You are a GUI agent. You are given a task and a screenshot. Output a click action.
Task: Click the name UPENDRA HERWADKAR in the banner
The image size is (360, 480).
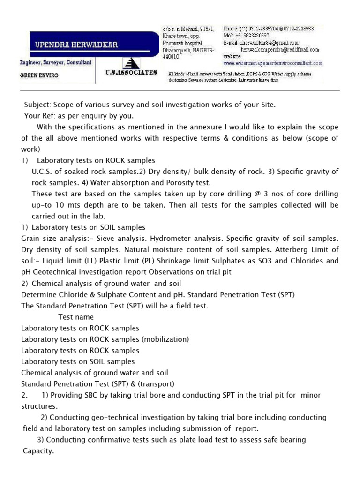[x=77, y=45]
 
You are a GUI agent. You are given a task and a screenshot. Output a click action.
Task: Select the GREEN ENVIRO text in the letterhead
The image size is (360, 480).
[x=39, y=75]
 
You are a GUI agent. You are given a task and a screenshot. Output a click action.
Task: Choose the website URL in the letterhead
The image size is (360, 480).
[x=273, y=63]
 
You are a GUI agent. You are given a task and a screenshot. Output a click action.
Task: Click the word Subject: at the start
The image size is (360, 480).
[x=37, y=105]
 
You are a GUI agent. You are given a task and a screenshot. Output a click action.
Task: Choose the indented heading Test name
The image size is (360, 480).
[x=76, y=317]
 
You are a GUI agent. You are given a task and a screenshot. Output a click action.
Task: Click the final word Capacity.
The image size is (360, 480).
[x=38, y=451]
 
